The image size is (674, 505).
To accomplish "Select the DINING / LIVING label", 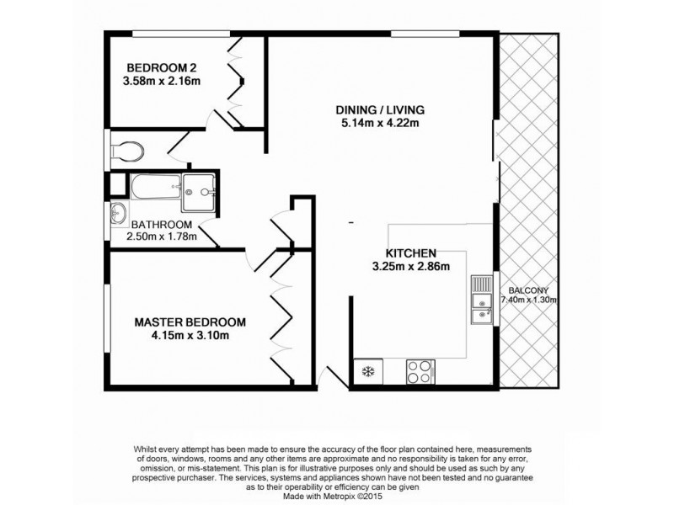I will click(x=379, y=110).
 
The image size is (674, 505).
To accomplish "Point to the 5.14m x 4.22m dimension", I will click(x=379, y=125).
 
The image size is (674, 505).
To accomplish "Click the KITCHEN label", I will click(x=410, y=253).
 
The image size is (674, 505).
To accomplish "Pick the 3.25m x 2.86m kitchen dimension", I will click(x=410, y=268).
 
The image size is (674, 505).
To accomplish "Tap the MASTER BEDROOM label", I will click(x=190, y=322).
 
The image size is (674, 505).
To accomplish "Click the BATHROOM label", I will click(x=161, y=225).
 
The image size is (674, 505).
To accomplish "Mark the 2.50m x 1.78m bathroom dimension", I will click(x=161, y=237).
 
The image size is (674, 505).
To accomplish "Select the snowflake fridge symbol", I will click(x=367, y=370).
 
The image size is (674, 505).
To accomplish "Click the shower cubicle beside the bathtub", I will click(x=199, y=193).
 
